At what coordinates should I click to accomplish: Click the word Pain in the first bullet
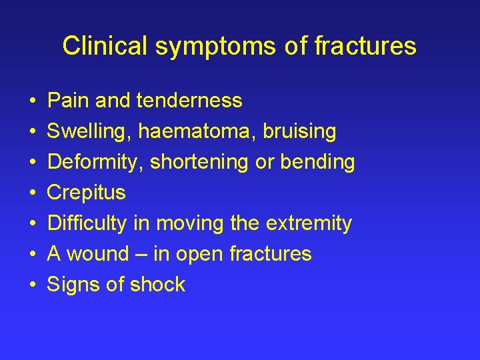click(x=69, y=101)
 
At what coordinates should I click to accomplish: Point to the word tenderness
click(x=189, y=101)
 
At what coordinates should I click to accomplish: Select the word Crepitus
click(x=86, y=193)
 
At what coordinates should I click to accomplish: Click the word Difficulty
click(x=87, y=223)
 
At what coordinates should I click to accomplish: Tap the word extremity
click(x=309, y=223)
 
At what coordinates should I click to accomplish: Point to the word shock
click(x=158, y=285)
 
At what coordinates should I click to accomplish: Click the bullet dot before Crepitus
click(x=33, y=193)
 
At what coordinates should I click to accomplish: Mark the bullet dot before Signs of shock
click(x=33, y=285)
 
